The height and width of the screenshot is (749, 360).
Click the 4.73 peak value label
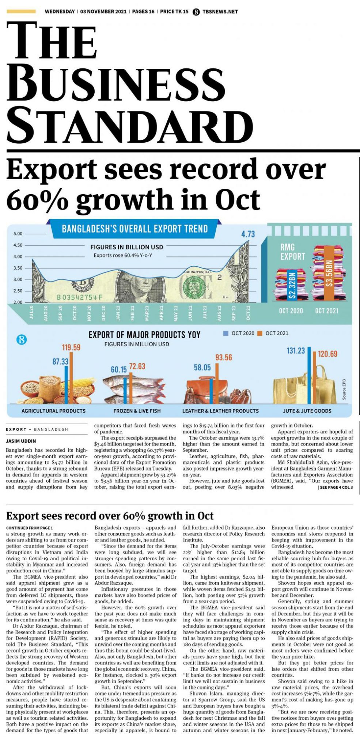[x=248, y=234]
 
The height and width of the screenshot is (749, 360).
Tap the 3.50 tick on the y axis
[x=18, y=268]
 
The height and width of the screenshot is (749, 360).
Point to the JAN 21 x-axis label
[x=118, y=313]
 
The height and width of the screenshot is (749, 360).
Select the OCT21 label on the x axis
[x=248, y=313]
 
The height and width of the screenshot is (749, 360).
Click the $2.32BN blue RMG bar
[x=292, y=285]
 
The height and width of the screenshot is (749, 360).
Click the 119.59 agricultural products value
[x=71, y=347]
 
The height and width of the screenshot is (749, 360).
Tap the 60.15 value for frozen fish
[x=119, y=370]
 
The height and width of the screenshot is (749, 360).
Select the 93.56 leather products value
[x=223, y=357]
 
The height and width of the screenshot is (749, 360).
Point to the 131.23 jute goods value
[x=296, y=351]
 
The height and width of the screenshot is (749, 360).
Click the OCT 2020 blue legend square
[x=226, y=333]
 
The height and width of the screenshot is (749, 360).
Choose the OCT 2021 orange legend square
[x=260, y=333]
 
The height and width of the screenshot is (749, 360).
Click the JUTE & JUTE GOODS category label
[x=307, y=411]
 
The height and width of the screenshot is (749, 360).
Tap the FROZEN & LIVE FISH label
[x=137, y=411]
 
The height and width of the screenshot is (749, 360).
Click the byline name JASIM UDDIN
[x=21, y=441]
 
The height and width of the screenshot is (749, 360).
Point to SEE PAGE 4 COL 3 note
[x=336, y=488]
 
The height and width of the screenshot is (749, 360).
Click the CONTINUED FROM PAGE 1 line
[x=30, y=528]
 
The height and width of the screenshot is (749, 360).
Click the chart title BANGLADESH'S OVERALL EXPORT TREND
[x=134, y=229]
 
